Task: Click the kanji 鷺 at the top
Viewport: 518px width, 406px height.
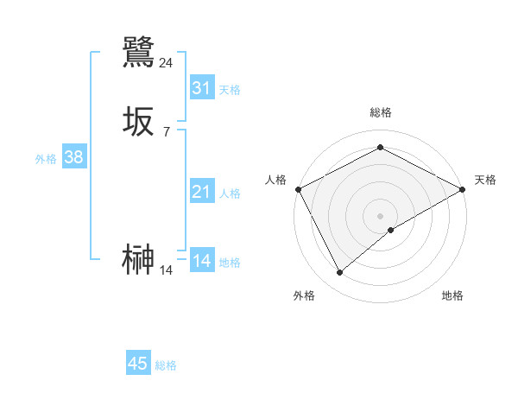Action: point(138,53)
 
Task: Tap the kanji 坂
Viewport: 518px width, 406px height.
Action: point(138,122)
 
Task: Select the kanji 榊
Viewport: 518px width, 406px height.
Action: point(138,260)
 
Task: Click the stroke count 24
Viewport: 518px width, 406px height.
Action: point(166,63)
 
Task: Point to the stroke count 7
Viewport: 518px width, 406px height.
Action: point(166,131)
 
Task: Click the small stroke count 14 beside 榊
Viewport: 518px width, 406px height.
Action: point(166,270)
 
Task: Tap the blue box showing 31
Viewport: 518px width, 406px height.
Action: point(201,88)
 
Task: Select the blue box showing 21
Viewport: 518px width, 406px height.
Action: point(201,192)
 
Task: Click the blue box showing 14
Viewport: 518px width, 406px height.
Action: point(201,261)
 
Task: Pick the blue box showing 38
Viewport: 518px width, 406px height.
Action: point(73,157)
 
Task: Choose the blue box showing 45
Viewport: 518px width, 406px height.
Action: point(137,364)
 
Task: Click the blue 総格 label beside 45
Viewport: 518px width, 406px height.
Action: point(166,365)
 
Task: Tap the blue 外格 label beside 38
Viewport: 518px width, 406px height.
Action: point(46,159)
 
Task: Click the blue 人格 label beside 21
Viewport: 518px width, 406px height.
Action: point(231,193)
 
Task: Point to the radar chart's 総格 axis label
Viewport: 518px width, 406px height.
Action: point(380,112)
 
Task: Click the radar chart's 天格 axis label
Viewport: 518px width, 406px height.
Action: point(485,180)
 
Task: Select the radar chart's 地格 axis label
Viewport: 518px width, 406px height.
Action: point(452,295)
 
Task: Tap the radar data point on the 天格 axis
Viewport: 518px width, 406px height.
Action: point(463,189)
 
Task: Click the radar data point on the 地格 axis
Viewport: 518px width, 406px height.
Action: point(391,230)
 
